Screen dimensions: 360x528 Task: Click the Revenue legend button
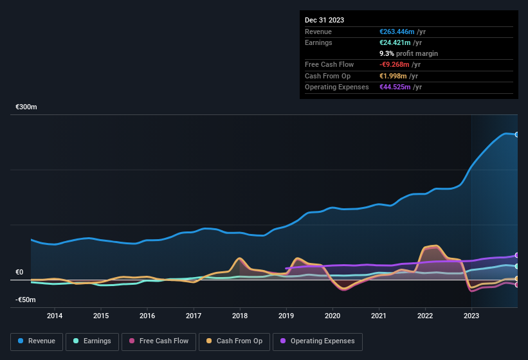point(36,341)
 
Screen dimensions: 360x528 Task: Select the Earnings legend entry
point(91,341)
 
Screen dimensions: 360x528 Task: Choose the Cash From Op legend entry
point(235,341)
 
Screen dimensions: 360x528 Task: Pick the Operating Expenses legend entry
point(318,341)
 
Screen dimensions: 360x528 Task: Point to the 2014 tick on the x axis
point(55,316)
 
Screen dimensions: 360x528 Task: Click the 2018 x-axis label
point(240,316)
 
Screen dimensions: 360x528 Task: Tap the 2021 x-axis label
point(379,316)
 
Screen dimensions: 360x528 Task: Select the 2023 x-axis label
point(471,316)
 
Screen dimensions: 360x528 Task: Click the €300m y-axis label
point(26,107)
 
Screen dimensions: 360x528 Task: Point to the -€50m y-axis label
point(26,300)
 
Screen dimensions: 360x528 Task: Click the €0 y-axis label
point(19,272)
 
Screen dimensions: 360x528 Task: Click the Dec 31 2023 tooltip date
point(325,20)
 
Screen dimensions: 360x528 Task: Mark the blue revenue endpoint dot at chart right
point(517,134)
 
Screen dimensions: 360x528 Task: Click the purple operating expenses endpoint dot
point(517,255)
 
